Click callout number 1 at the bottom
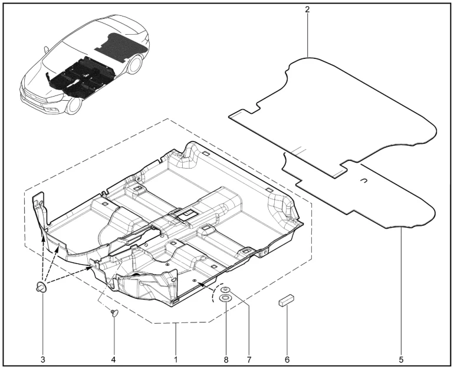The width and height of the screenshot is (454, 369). coord(176,360)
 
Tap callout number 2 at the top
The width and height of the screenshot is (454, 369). coord(307,9)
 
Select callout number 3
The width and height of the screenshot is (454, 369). coord(43,360)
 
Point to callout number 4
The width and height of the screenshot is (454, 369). coord(113,360)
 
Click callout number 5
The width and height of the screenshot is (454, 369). coord(401,360)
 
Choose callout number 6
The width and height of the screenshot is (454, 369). coord(287,360)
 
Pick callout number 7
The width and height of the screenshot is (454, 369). coord(249,360)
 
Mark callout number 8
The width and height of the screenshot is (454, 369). coord(226,360)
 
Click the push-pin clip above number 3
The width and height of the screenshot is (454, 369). coord(41,288)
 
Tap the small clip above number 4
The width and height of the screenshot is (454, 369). coord(114,312)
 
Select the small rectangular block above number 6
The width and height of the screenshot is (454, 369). coord(286,299)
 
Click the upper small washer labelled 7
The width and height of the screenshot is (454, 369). coord(226,289)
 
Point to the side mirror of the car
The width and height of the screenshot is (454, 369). coord(46,50)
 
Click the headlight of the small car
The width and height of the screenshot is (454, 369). coord(54,98)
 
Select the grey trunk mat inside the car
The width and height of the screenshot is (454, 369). coord(121,47)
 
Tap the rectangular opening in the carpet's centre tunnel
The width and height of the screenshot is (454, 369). coord(187,214)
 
